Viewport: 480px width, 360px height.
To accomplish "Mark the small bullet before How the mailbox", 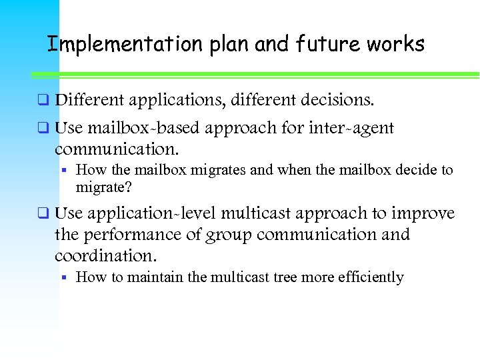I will (x=66, y=171).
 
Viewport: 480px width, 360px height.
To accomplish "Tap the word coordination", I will (x=103, y=256).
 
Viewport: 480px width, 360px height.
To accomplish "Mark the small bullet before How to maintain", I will (x=66, y=277).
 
